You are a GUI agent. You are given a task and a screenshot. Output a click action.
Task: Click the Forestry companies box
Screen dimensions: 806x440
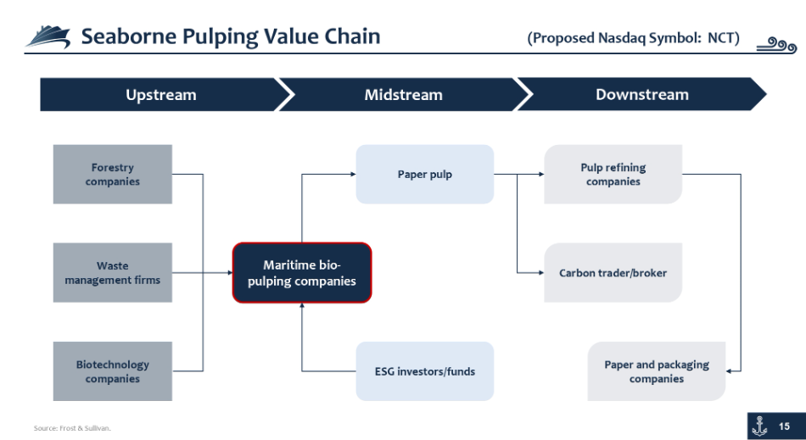tap(113, 174)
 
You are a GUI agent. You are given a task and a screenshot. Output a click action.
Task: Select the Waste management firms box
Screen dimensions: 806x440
tap(113, 273)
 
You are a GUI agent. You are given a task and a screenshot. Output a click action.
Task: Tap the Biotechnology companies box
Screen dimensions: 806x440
tap(113, 371)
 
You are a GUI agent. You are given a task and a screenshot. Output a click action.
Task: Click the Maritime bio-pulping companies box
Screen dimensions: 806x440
tap(302, 273)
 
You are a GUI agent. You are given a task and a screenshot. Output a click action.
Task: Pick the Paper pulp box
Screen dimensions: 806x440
tap(424, 174)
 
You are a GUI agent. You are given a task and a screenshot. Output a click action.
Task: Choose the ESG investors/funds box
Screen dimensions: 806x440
tap(424, 371)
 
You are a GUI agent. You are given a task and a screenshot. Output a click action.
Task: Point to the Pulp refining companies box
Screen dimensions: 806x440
tap(613, 174)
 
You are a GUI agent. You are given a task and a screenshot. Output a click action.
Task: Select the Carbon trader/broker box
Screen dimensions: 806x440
tap(613, 273)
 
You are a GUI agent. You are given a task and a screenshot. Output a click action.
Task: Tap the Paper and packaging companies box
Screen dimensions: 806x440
tap(657, 371)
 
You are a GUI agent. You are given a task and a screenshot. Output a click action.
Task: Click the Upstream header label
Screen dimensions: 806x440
tap(161, 95)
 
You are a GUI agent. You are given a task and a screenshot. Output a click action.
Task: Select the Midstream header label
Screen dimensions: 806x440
tap(404, 95)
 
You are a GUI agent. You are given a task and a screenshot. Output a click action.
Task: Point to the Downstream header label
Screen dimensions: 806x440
tap(642, 95)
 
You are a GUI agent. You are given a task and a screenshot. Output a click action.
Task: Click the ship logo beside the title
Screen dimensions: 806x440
tap(48, 37)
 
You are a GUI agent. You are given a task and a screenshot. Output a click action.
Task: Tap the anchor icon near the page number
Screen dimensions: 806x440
tap(759, 426)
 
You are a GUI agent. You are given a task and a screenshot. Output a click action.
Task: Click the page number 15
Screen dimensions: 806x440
tap(784, 426)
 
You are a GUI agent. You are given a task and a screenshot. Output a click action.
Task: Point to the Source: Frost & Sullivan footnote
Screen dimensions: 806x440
tap(72, 427)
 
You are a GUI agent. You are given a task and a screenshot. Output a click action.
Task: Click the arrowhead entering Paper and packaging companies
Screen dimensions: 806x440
tap(729, 371)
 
